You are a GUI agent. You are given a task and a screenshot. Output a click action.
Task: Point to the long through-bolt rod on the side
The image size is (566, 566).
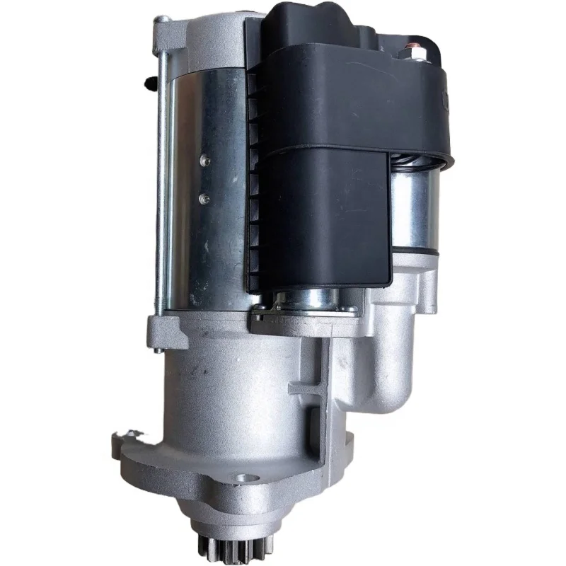[x=162, y=177]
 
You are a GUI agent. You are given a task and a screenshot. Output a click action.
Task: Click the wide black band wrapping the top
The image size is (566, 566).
[x=354, y=106]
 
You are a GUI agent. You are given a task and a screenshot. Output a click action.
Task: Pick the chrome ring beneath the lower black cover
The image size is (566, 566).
[x=311, y=301]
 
